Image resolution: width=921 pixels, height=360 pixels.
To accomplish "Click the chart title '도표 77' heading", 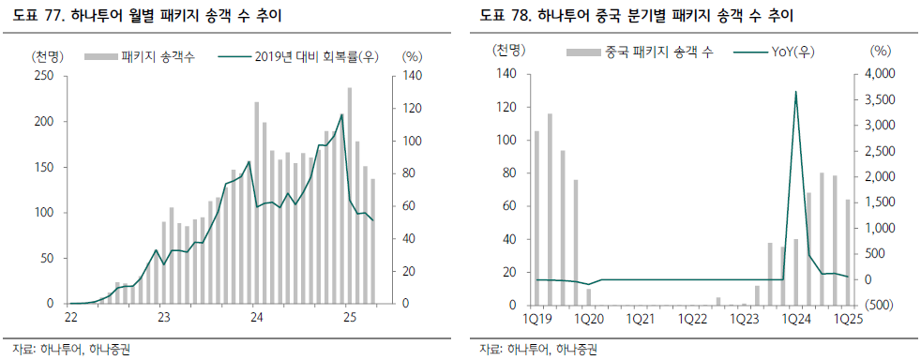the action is [143, 17].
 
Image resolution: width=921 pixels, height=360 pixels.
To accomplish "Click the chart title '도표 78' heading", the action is [636, 17].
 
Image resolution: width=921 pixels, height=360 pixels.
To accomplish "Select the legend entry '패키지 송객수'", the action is [141, 57].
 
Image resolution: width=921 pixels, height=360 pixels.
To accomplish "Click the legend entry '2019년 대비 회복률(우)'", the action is [297, 57].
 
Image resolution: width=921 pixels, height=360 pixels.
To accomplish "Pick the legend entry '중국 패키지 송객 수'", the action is [640, 52].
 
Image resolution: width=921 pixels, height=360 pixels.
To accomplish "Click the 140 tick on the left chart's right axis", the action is [411, 76].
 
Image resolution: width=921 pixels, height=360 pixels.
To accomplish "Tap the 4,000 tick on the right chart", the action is [877, 74].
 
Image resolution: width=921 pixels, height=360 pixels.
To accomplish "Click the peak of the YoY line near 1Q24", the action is [795, 92].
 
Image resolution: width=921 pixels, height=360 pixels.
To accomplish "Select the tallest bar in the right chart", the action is [550, 209].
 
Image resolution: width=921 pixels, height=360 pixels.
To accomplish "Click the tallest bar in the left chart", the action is [350, 196].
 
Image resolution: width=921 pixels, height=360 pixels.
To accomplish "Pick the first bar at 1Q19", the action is [536, 217].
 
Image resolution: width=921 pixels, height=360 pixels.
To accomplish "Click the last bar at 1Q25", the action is [848, 252].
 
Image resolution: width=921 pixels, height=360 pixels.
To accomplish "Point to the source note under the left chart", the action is [71, 350].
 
